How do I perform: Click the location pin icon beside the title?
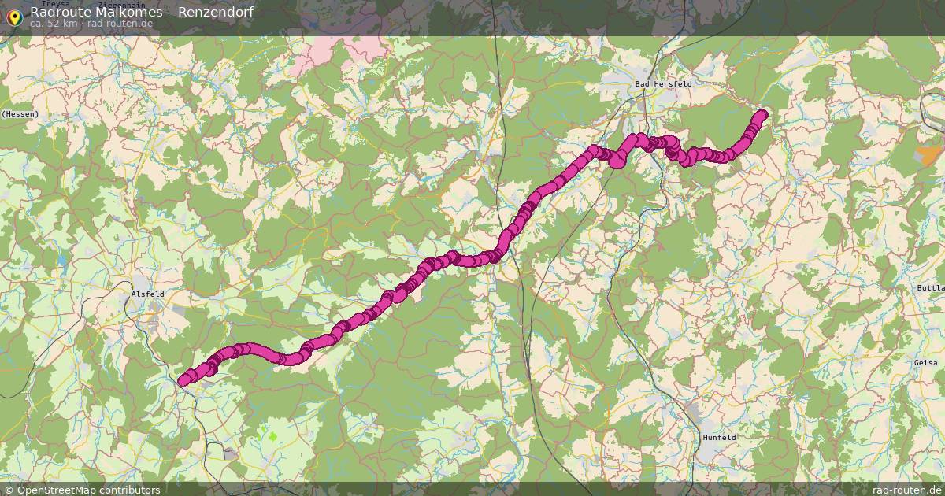[13, 17]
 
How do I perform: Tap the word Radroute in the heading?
[61, 12]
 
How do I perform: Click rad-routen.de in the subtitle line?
[120, 24]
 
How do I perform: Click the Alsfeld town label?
[147, 294]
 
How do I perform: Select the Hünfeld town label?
[718, 436]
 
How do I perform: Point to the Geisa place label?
[927, 362]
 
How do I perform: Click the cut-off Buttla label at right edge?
[930, 288]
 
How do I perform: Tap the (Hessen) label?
[20, 114]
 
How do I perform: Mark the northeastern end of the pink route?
[762, 115]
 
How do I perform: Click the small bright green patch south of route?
[272, 434]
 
